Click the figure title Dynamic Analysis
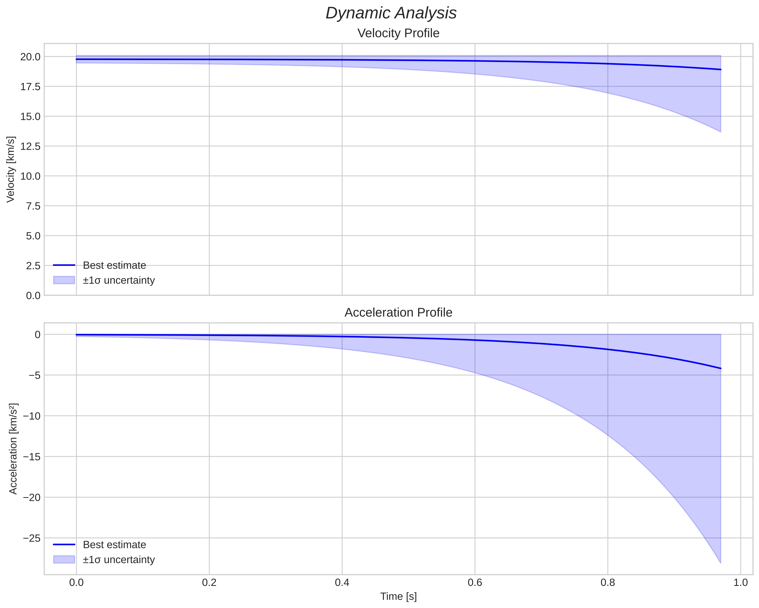click(391, 13)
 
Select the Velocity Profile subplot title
click(398, 33)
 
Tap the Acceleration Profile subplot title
click(398, 313)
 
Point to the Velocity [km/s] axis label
click(11, 169)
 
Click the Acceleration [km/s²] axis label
click(13, 449)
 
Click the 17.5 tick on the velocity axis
click(30, 87)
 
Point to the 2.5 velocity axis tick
click(33, 266)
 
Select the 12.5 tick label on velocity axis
click(30, 146)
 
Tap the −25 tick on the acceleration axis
click(32, 538)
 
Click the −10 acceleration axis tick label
click(32, 416)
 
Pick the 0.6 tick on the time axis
click(475, 583)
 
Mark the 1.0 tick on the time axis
click(740, 583)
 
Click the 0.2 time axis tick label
click(209, 583)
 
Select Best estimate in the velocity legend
click(114, 265)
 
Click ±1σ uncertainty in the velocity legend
click(119, 280)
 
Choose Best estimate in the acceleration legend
click(114, 545)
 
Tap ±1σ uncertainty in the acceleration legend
click(119, 560)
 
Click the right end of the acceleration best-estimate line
click(721, 368)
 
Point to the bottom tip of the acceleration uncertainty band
click(720, 563)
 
